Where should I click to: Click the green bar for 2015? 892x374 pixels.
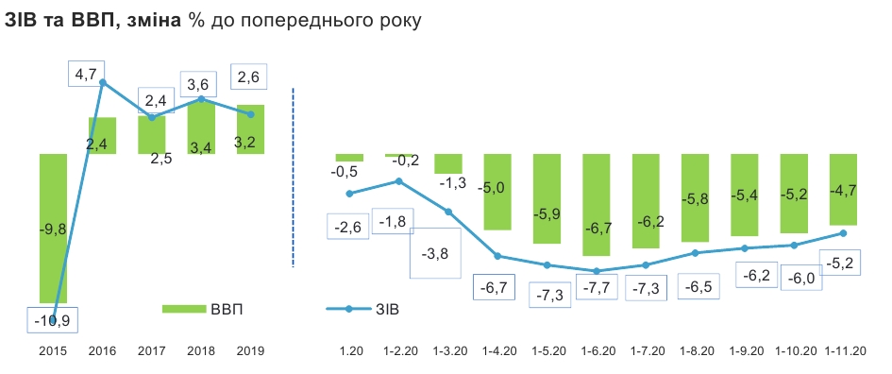click(53, 264)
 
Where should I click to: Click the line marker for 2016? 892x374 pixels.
click(102, 83)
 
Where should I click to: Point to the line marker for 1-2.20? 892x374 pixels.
click(399, 180)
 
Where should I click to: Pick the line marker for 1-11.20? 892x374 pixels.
click(842, 232)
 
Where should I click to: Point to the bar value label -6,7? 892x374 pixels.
click(596, 228)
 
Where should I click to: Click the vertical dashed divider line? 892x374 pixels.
click(295, 179)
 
